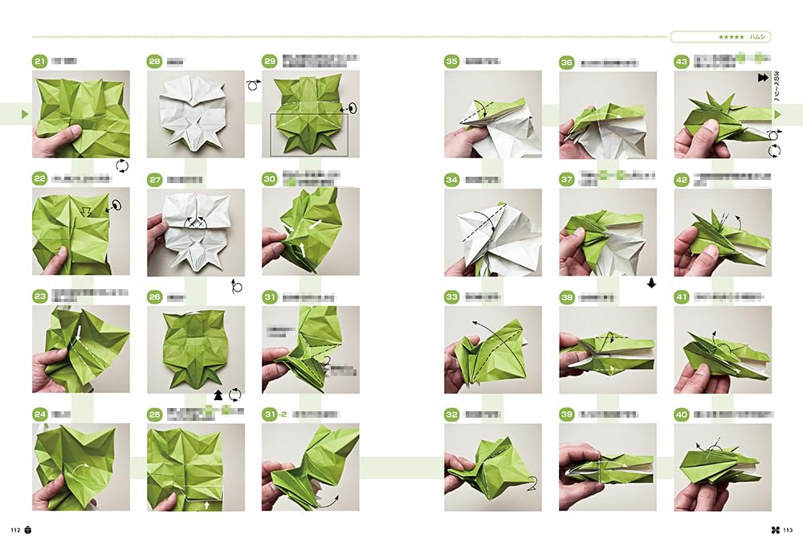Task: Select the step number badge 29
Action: click(270, 61)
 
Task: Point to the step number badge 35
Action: click(452, 61)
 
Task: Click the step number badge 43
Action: click(682, 61)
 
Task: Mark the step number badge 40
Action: click(682, 414)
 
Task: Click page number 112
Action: click(14, 529)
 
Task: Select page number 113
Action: click(788, 529)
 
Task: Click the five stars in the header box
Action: click(729, 36)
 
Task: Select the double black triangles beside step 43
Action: click(761, 78)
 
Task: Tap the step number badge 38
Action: click(567, 297)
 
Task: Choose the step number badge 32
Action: click(452, 414)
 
